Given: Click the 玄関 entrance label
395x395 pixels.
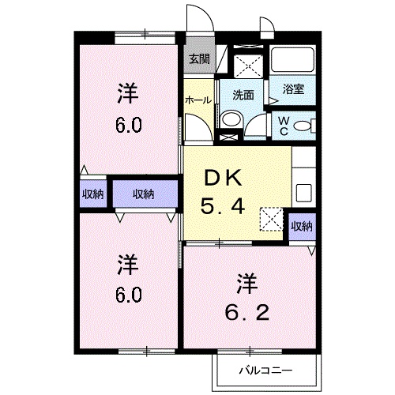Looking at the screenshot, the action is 199,59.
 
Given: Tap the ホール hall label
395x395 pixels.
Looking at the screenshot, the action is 198,100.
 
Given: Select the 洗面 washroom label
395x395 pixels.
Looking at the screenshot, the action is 243,95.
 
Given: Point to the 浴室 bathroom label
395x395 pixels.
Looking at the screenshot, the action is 294,89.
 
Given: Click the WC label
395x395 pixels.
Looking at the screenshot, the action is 284,126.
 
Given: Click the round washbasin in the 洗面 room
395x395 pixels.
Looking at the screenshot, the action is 231,119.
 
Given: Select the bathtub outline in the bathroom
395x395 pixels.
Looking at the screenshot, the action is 292,59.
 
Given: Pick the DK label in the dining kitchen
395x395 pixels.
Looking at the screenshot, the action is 224,179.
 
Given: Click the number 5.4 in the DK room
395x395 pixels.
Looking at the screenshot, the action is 223,206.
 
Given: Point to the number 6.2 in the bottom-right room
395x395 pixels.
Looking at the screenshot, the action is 247,313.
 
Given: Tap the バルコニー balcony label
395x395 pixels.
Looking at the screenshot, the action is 265,371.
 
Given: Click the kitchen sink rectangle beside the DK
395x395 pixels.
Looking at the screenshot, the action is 304,193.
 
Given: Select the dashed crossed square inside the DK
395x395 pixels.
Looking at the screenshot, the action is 272,219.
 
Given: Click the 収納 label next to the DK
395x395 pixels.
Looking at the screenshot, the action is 302,226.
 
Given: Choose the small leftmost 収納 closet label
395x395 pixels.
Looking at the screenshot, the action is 93,194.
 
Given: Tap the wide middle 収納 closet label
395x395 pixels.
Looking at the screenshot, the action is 143,194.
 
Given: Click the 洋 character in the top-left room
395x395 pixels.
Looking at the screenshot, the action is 128,93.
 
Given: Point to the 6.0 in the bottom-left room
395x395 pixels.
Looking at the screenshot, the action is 128,295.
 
